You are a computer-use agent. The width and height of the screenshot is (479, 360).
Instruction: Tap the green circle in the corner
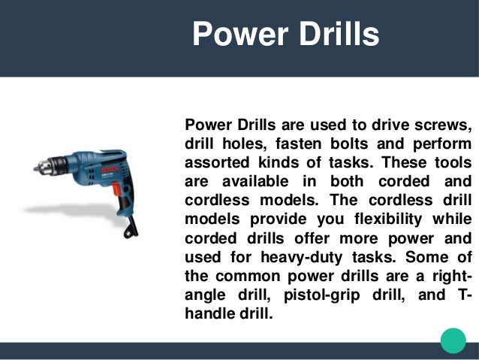click(x=453, y=340)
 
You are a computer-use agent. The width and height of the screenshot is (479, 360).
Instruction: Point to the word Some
click(x=421, y=260)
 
